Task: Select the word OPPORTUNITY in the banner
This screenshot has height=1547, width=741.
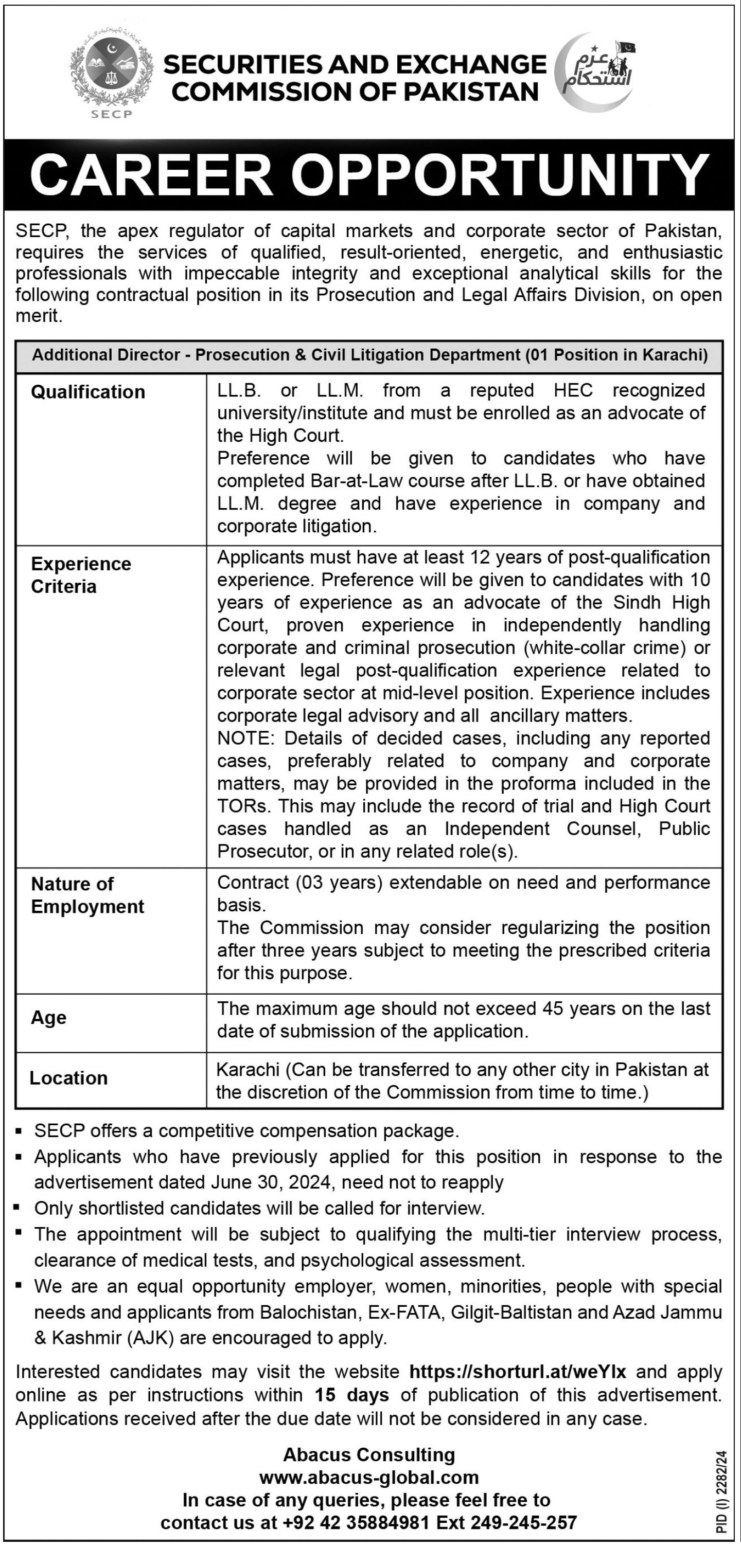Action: [x=502, y=175]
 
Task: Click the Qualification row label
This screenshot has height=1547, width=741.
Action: [x=88, y=392]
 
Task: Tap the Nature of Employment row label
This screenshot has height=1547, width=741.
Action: [x=87, y=895]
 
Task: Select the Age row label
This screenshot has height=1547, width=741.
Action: [x=49, y=1018]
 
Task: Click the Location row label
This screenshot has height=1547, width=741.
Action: [x=68, y=1078]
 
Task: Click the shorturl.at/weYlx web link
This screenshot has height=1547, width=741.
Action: [x=518, y=1372]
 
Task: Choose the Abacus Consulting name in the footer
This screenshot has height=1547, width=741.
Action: [x=369, y=1454]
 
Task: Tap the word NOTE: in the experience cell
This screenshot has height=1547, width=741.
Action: [x=247, y=738]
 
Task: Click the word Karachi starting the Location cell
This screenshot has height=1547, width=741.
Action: [x=248, y=1070]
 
